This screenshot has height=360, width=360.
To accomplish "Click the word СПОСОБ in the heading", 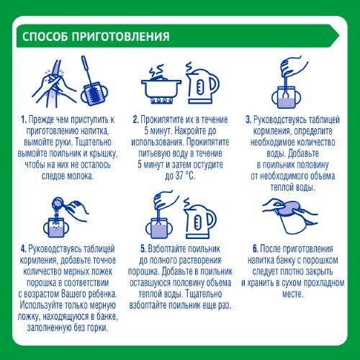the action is pos(45,37).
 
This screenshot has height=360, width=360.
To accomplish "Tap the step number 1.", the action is pos(24,120).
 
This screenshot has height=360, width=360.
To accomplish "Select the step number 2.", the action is pos(136,120).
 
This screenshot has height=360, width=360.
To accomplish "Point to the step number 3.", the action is pos(248,120).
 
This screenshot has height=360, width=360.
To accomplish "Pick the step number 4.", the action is pos(23,249).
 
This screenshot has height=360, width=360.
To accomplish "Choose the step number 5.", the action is pos(143,249).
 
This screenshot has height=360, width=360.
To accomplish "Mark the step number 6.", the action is pos(256,249).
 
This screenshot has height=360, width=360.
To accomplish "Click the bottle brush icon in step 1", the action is pos(91,81).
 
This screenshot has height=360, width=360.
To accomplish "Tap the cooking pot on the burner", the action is pos(161,89).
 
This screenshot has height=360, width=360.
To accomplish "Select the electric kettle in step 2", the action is pos(203,84).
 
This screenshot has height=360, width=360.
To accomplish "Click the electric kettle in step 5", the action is pos(200,218).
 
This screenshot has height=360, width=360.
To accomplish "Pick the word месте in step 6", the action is pos(292,294).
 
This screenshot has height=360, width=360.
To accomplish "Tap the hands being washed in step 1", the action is pos(54,84).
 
